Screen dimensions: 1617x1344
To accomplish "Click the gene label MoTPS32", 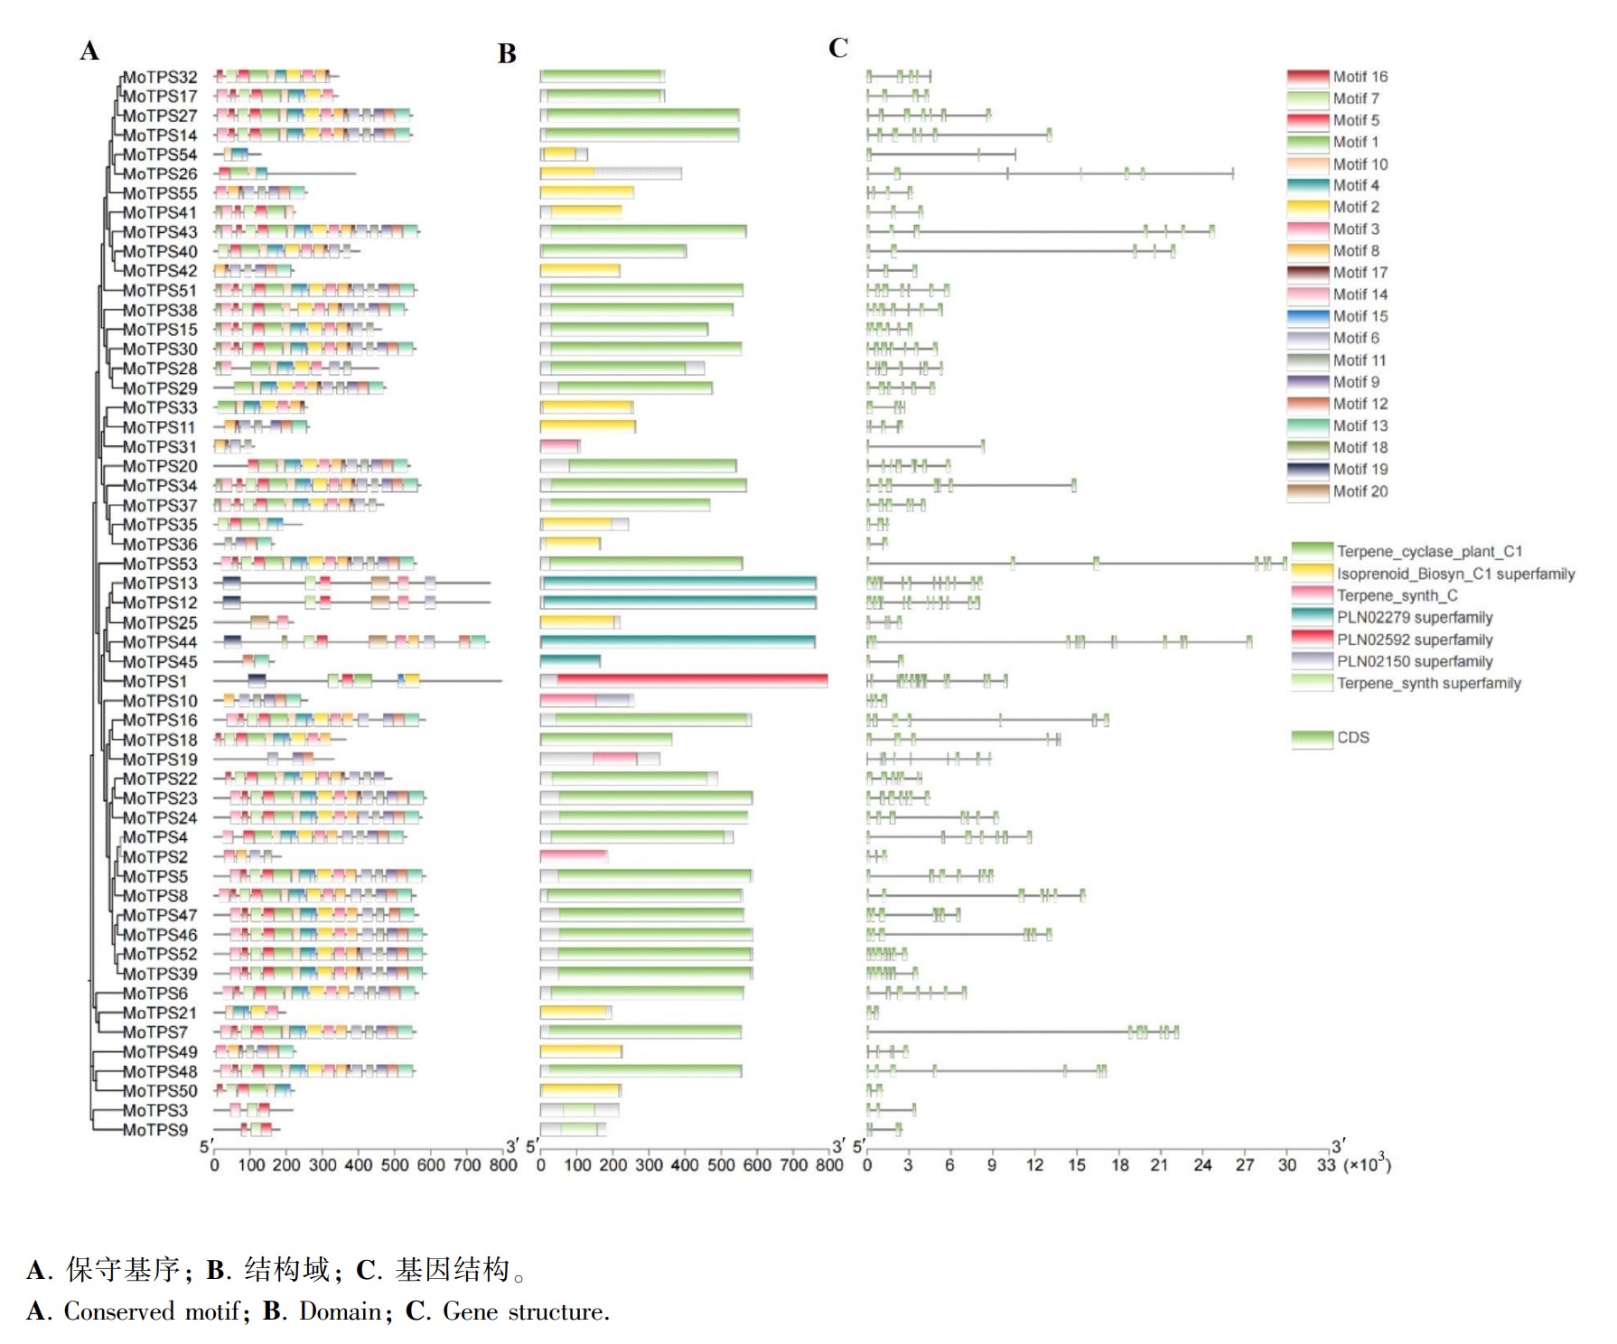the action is (x=160, y=77).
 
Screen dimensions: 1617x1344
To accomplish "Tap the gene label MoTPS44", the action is (x=160, y=642).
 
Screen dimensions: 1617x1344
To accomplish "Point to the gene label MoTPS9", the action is (x=154, y=1130).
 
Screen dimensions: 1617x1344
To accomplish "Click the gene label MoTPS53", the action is (x=160, y=564).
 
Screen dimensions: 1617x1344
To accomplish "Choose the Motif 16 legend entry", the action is (x=1338, y=77).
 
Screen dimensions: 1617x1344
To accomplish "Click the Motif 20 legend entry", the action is (x=1338, y=491).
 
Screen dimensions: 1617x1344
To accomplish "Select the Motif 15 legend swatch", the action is (x=1308, y=316).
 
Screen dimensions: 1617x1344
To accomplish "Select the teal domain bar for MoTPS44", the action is (x=678, y=642).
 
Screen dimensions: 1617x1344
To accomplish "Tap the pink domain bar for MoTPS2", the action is (x=574, y=856).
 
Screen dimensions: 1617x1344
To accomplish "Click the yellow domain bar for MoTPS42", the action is (x=580, y=271).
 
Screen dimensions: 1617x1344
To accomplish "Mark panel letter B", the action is (x=507, y=54).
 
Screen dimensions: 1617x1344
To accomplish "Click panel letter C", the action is (x=838, y=48).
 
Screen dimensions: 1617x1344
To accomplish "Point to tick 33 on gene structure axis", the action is (x=1325, y=1165).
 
